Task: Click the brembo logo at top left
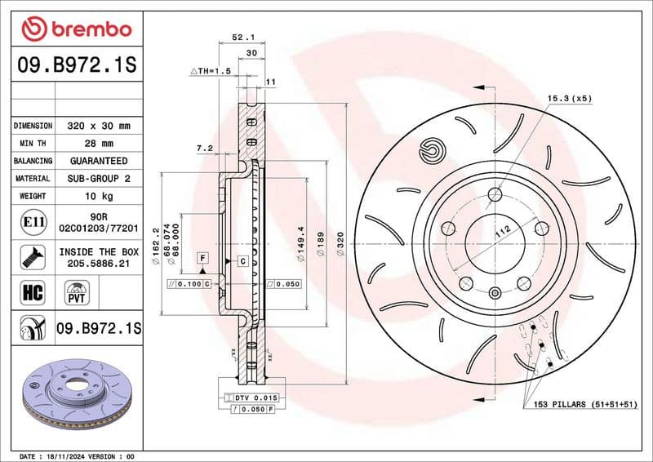[76, 29]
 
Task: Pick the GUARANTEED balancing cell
[98, 161]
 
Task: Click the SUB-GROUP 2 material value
[98, 178]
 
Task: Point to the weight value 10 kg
[98, 196]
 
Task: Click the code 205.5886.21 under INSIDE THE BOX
[98, 264]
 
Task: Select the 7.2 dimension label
[204, 148]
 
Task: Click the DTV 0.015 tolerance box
[256, 397]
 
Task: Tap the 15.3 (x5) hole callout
[569, 98]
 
